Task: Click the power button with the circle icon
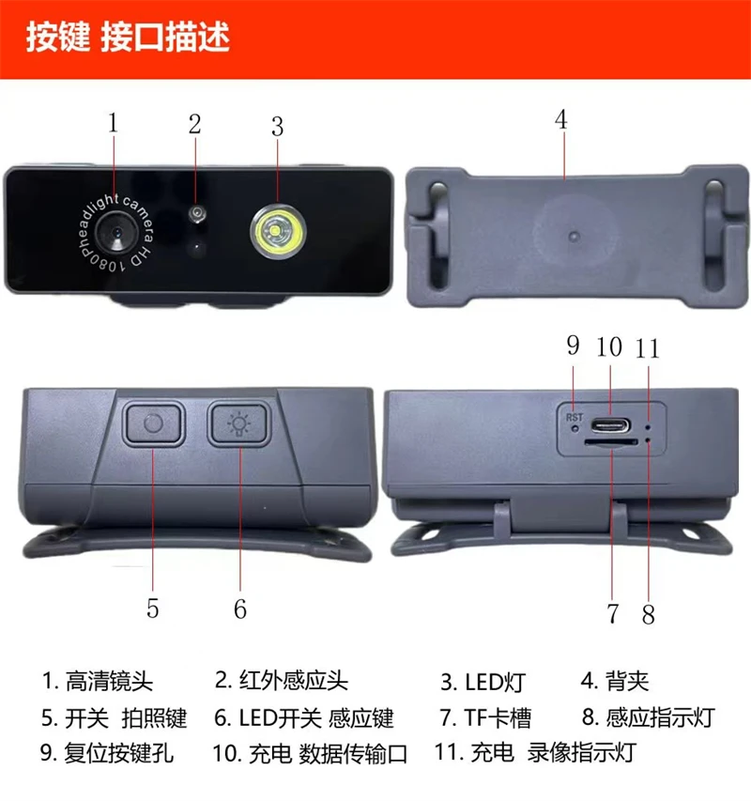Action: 152,424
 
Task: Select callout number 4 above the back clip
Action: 561,121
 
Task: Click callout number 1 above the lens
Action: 114,123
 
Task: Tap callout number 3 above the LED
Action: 277,125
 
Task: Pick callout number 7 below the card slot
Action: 613,614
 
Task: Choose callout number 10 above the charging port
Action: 609,347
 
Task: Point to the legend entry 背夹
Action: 628,682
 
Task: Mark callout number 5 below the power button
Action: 152,608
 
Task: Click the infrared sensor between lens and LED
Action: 196,216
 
